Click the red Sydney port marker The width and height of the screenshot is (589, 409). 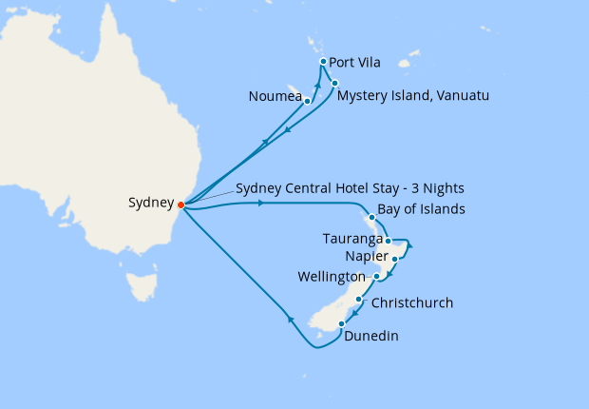click(181, 204)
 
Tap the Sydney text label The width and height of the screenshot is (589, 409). click(151, 204)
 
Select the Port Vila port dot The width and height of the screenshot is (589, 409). click(324, 62)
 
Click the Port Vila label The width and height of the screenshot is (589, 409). click(354, 63)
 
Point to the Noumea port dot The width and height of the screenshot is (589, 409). click(307, 101)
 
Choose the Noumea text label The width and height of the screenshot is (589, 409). click(275, 96)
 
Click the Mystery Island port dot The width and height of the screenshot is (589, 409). click(334, 83)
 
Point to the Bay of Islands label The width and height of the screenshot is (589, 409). click(421, 209)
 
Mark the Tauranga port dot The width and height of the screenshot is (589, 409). click(389, 241)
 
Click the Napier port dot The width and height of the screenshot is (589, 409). click(394, 259)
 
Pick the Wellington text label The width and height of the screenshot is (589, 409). click(331, 276)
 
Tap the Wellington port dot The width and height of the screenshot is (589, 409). click(377, 277)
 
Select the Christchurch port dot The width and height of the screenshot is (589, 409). click(357, 300)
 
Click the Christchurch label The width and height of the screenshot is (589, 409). click(411, 303)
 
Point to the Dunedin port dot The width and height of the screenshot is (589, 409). click(341, 324)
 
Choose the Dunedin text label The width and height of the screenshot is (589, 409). click(370, 336)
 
